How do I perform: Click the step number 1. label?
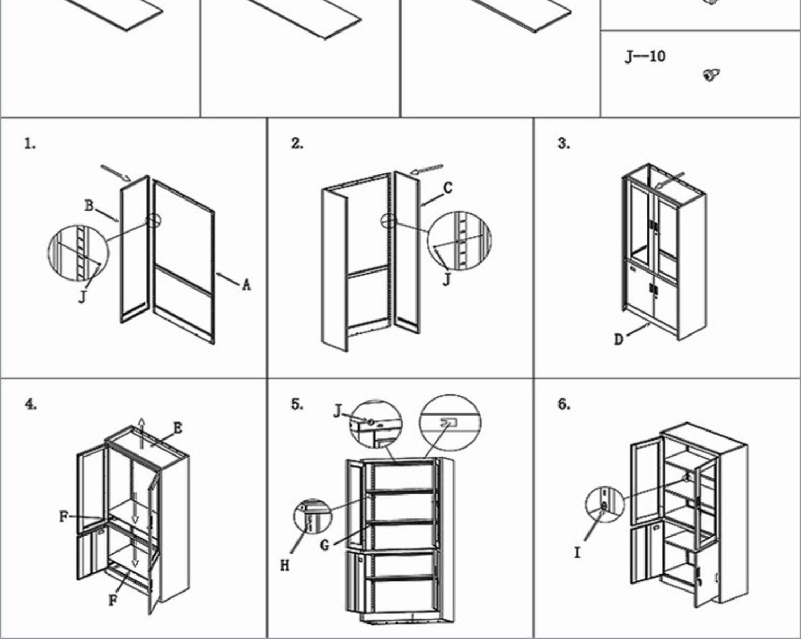click(30, 143)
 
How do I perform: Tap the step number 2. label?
click(297, 143)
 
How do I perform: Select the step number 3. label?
click(564, 143)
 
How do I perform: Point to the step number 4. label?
click(30, 404)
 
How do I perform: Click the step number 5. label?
click(297, 404)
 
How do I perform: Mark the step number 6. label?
click(564, 404)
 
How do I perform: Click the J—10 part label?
click(645, 56)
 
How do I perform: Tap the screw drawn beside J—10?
click(711, 75)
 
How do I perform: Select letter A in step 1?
click(246, 285)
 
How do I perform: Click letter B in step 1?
click(89, 205)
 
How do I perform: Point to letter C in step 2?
click(448, 188)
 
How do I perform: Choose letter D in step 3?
click(618, 339)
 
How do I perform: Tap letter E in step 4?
click(178, 428)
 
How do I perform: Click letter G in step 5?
click(325, 545)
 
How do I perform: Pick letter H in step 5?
click(285, 565)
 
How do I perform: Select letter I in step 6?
click(577, 553)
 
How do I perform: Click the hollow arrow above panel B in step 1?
click(116, 173)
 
